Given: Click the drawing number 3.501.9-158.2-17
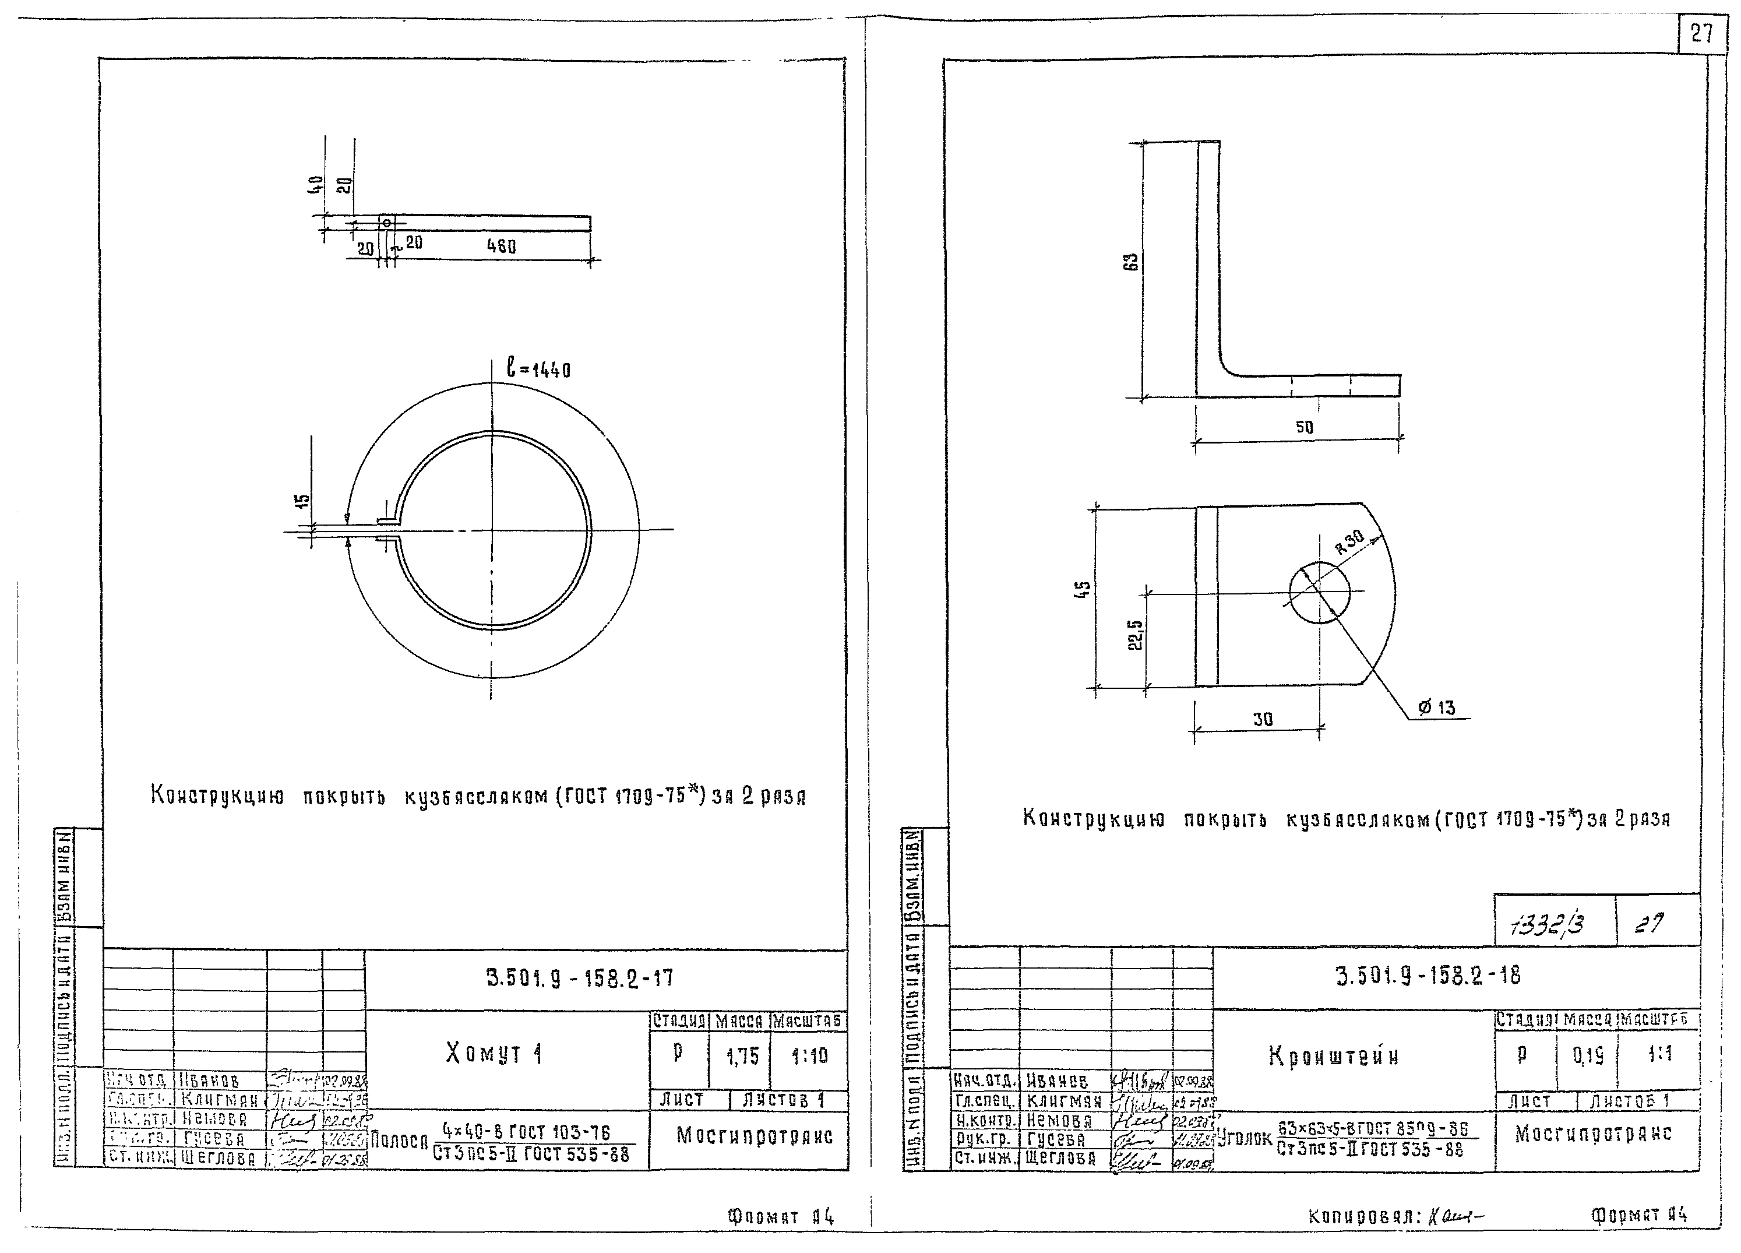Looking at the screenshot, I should pos(580,978).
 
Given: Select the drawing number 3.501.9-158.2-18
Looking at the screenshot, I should pos(1428,976).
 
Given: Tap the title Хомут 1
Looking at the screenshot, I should pos(494,1053).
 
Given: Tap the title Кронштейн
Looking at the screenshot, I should pos(1333,1057).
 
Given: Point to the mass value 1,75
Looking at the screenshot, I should pos(742,1057).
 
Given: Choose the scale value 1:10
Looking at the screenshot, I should pos(810,1057).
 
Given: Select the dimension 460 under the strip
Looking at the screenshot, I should pos(501,247).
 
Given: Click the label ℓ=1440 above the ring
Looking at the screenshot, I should pos(538,370).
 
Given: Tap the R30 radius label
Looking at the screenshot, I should pos(1349,542).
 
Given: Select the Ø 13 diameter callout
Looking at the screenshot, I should pos(1437,707).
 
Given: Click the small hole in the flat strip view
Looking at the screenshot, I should pos(387,223).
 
